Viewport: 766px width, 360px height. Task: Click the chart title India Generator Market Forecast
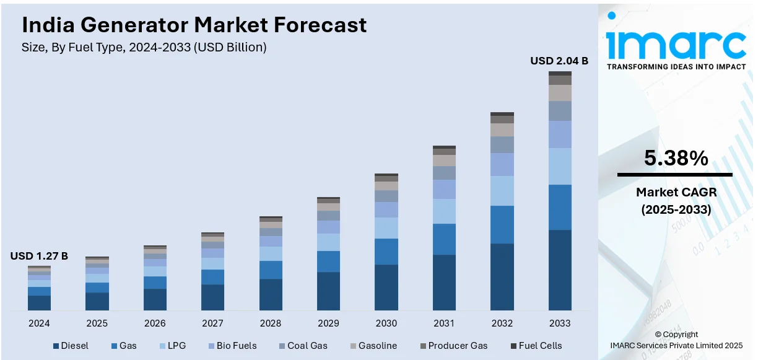194,25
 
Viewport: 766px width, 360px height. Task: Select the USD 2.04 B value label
559,61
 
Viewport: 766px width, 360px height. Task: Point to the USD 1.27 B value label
39,256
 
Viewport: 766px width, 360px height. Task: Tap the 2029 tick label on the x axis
328,323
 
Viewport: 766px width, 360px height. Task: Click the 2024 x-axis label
39,323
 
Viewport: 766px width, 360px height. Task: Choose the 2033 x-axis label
560,323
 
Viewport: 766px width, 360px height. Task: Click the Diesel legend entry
71,346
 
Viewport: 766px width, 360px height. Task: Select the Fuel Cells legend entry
536,346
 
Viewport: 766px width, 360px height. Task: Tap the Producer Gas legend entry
453,346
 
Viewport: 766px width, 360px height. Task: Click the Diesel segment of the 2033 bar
560,270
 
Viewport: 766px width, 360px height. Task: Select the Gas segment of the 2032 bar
502,224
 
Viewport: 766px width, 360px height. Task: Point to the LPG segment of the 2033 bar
560,166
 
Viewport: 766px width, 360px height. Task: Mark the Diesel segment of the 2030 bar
386,287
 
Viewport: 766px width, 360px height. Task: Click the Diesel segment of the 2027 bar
212,297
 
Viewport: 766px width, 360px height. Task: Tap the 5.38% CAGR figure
676,159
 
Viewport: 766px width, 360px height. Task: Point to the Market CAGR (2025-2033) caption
676,201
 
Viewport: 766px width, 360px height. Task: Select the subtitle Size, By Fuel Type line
144,48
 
